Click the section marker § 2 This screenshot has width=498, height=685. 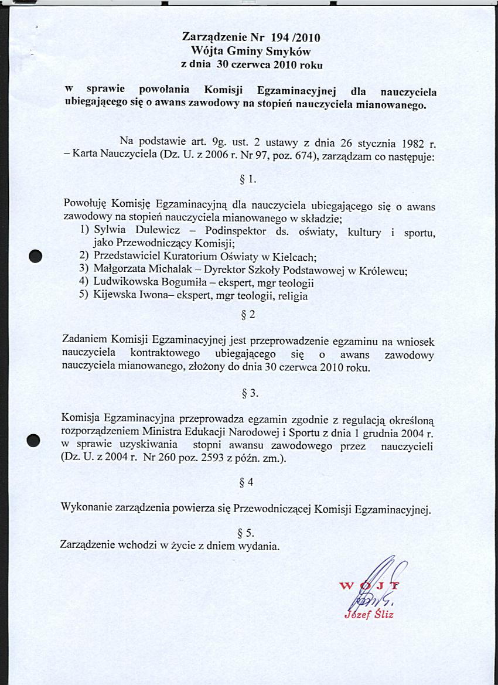click(248, 315)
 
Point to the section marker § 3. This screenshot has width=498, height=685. click(250, 393)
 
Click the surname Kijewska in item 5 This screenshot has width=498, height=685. click(114, 295)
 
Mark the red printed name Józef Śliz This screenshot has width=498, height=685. click(370, 615)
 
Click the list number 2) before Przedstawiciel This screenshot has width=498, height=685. click(84, 257)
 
